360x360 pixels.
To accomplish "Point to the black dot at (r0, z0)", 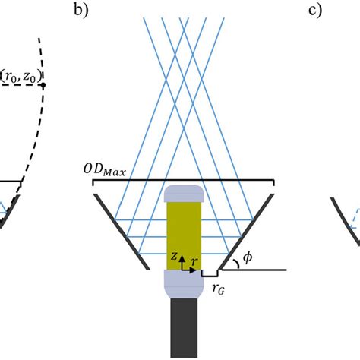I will (x=43, y=85).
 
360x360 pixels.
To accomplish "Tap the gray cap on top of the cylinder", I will (x=182, y=192).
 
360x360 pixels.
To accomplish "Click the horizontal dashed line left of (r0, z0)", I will (x=19, y=85).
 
